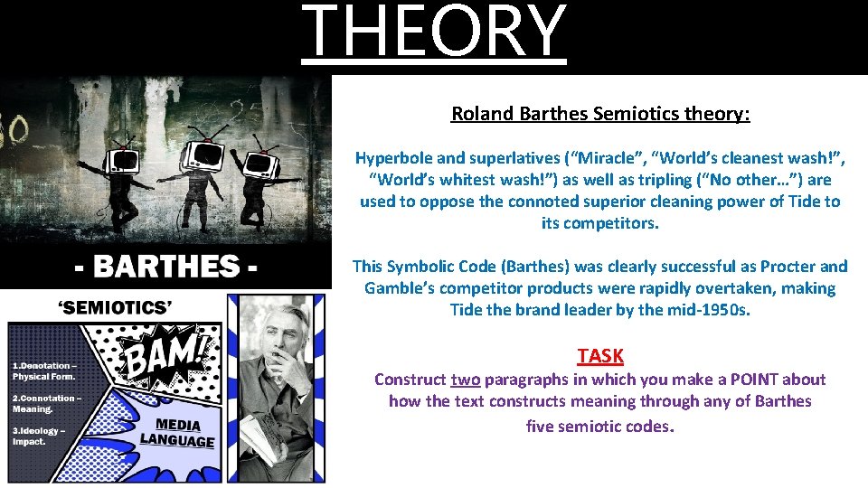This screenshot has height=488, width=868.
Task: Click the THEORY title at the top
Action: point(434,33)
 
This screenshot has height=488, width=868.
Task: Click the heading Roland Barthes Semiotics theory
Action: point(600,114)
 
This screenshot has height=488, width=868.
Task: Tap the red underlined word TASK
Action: point(600,356)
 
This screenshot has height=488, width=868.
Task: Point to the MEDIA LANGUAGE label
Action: point(178,434)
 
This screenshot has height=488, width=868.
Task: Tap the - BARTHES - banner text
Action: point(165,268)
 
